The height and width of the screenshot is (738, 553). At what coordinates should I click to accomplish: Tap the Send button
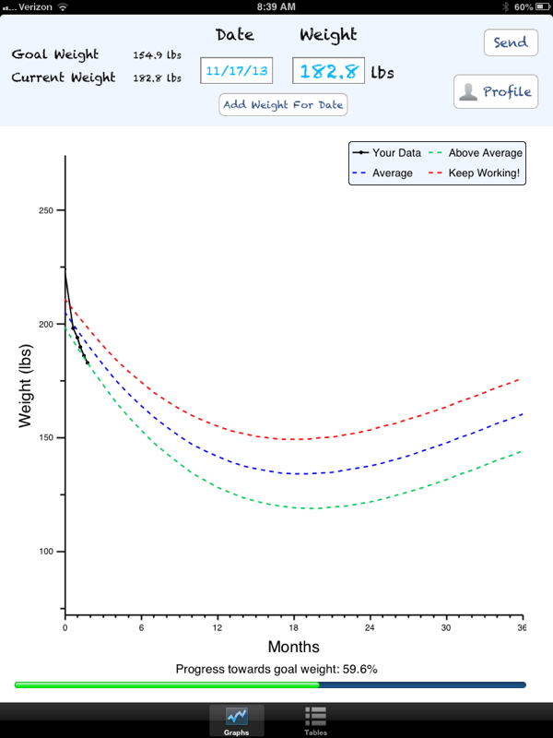(x=512, y=42)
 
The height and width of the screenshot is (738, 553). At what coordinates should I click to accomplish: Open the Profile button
(x=496, y=91)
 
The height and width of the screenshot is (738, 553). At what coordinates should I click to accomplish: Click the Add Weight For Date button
(x=283, y=104)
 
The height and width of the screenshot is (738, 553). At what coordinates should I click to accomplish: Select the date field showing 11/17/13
(x=237, y=71)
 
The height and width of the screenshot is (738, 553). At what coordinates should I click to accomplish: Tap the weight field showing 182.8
(x=328, y=71)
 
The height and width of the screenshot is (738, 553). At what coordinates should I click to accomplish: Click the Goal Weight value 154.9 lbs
(x=157, y=55)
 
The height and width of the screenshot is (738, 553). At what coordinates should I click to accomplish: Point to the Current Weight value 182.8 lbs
(x=157, y=78)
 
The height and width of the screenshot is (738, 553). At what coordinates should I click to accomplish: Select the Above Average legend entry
(x=476, y=153)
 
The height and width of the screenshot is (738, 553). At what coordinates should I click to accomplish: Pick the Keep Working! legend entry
(x=474, y=173)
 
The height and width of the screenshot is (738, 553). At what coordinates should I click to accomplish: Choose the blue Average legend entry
(x=382, y=173)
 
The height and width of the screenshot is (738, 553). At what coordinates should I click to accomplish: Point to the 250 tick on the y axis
(x=46, y=210)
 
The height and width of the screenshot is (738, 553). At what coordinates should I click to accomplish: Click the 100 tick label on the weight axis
(x=46, y=552)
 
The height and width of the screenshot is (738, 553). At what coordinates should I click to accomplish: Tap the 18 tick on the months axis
(x=293, y=627)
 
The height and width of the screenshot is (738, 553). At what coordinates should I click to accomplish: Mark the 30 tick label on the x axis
(x=446, y=627)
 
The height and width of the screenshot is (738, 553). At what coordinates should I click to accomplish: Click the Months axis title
(x=293, y=647)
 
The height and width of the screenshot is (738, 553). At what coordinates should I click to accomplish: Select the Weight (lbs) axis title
(x=25, y=386)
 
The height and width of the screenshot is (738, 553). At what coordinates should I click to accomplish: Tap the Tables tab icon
(x=315, y=717)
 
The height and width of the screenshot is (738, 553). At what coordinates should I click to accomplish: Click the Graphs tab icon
(x=237, y=717)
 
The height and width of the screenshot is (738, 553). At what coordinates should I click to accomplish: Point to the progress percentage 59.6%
(x=359, y=670)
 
